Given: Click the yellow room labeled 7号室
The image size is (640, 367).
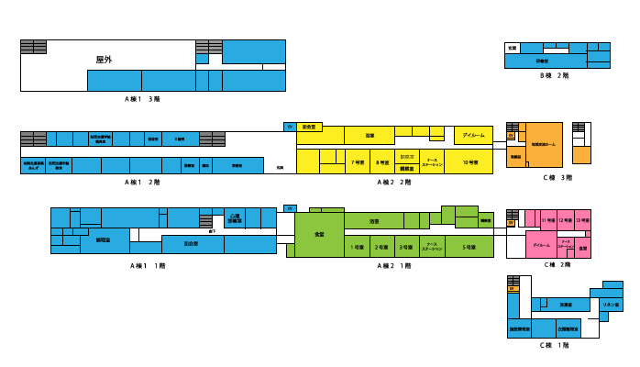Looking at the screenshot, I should click(x=358, y=161).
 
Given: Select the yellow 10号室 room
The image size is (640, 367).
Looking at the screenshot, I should click(x=469, y=161).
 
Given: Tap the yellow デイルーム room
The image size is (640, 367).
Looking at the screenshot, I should click(x=473, y=135).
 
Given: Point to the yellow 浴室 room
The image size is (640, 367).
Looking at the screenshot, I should click(x=370, y=135).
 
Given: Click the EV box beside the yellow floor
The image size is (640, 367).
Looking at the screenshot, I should click(x=290, y=127).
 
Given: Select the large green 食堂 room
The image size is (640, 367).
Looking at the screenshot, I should click(x=319, y=234).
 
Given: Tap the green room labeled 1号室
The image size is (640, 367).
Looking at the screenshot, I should click(x=357, y=247).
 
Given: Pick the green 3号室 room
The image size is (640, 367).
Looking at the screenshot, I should click(x=407, y=247).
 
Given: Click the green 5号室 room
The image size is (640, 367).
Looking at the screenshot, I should click(x=469, y=247).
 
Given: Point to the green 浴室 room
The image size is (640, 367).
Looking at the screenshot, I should click(x=374, y=221).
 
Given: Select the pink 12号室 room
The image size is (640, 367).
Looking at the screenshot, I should click(x=566, y=219).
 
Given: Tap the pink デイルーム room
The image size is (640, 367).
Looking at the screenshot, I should click(x=541, y=245).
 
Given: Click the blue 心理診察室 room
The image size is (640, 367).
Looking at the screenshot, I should click(x=235, y=218).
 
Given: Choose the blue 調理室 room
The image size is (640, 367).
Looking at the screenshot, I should click(x=104, y=239).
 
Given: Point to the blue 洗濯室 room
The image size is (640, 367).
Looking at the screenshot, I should click(x=567, y=305).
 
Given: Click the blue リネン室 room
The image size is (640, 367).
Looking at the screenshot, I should click(x=611, y=304).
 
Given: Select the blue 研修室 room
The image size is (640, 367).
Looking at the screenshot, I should click(x=543, y=61).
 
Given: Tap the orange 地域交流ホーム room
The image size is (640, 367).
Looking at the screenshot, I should click(x=544, y=144).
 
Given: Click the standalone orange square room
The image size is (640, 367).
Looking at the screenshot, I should click(x=581, y=155).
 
